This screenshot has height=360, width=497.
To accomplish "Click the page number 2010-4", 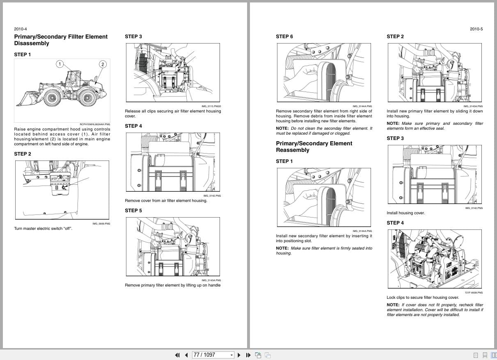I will click(x=21, y=29).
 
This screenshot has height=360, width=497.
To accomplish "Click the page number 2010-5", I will click(x=476, y=29).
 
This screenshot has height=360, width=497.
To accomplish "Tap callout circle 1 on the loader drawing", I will click(x=60, y=64).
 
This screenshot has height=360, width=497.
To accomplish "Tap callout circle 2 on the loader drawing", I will click(x=103, y=64).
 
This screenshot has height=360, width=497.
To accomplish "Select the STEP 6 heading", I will click(x=284, y=37).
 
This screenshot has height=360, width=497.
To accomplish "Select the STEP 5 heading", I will click(x=133, y=211).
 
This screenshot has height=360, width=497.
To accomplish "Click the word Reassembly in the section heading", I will click(x=293, y=150).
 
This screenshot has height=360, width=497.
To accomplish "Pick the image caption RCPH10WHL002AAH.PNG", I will click(x=95, y=124).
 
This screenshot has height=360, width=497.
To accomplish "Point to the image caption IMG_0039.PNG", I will click(x=101, y=224).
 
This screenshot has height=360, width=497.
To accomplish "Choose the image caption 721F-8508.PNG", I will click(x=474, y=293).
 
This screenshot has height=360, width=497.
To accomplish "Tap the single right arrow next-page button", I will click(x=239, y=355).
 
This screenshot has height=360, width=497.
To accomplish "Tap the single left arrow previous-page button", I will click(x=186, y=355).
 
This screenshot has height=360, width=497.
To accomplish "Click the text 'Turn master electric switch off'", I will click(x=43, y=229).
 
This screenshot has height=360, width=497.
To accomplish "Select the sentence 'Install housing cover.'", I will click(x=405, y=213).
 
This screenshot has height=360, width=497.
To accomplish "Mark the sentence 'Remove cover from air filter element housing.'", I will click(x=166, y=201).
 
